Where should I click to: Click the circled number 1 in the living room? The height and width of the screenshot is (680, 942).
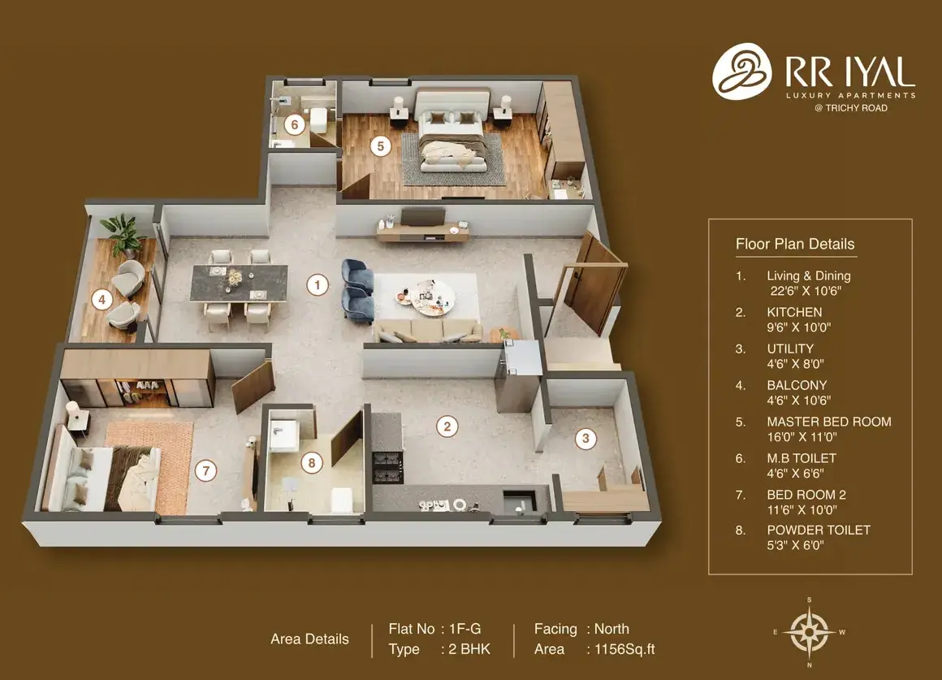click(318, 284)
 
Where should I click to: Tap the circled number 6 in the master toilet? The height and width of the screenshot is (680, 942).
click(294, 124)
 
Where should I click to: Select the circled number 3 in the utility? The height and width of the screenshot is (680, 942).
click(586, 438)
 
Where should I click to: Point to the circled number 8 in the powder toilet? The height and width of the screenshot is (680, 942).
click(311, 462)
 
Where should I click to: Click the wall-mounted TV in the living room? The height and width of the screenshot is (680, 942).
click(423, 216)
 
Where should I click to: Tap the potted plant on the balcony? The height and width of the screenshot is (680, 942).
click(123, 233)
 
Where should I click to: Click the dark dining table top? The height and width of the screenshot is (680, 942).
click(239, 283)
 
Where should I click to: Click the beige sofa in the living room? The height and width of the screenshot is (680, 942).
click(427, 331)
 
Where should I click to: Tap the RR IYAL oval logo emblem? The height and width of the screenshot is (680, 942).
click(742, 71)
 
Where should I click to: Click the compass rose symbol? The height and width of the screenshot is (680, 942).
click(810, 632)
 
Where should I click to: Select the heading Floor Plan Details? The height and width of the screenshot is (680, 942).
click(795, 244)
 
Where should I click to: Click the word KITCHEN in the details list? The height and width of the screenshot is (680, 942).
click(794, 312)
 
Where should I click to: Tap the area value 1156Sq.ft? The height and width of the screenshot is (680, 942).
click(624, 649)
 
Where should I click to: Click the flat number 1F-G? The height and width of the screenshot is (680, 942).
click(465, 629)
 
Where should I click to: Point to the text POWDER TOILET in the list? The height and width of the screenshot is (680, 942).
click(819, 531)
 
